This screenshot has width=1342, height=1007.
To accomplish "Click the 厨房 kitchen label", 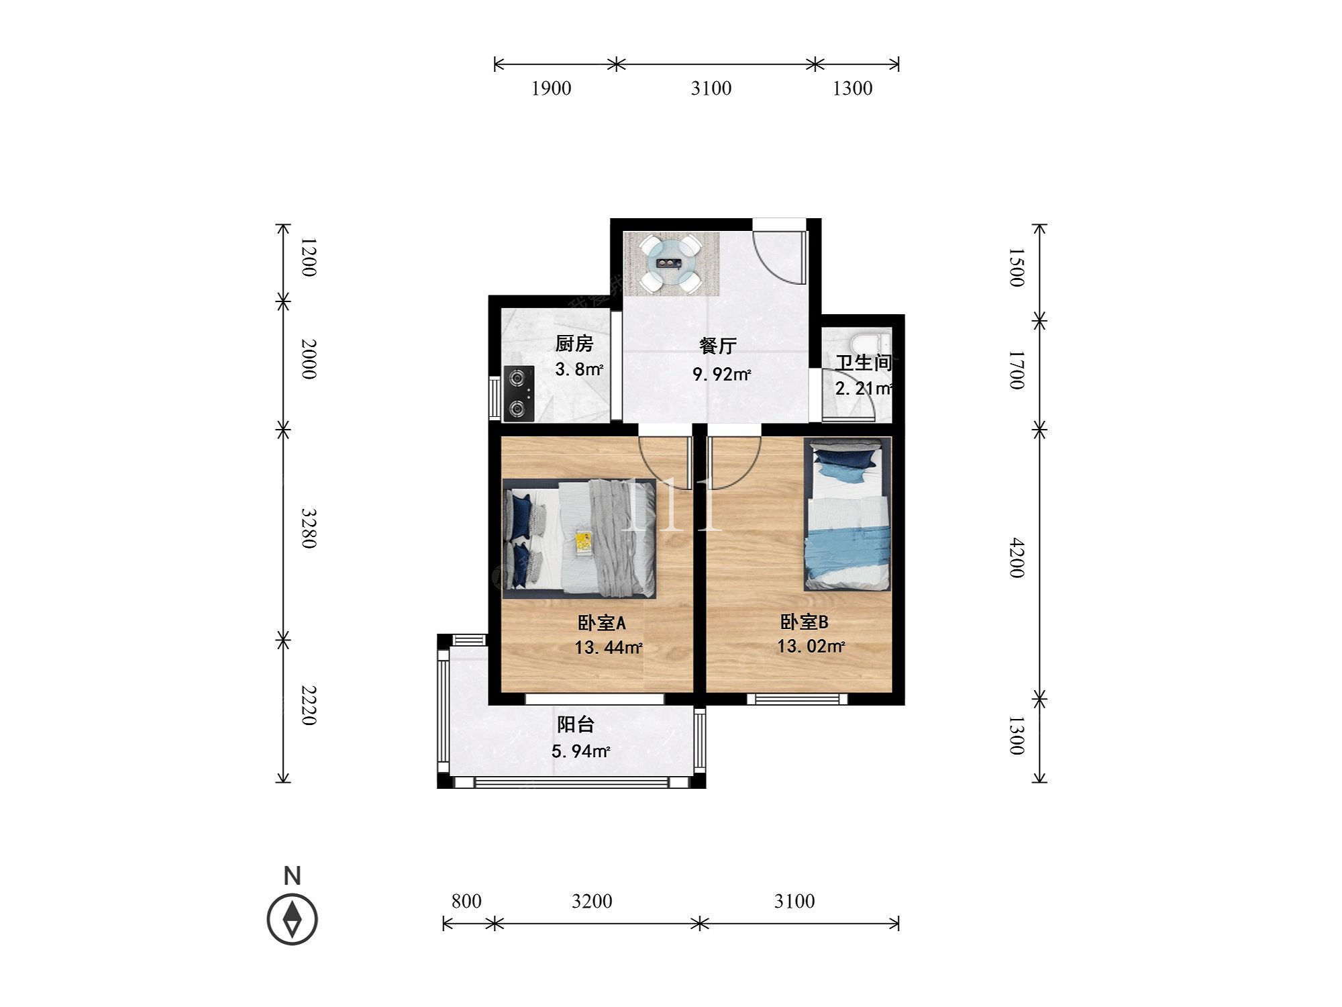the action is click(574, 344).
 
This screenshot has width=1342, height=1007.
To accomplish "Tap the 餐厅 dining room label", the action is click(718, 346).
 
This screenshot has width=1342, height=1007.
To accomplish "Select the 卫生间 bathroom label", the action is click(864, 363).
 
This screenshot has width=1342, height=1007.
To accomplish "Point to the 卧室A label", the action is click(601, 623).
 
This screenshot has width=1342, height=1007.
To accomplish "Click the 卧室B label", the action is click(804, 622).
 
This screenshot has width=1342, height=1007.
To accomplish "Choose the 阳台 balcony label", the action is click(576, 725).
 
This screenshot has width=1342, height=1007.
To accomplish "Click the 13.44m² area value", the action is click(609, 648).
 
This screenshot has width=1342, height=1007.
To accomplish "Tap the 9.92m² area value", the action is click(722, 374).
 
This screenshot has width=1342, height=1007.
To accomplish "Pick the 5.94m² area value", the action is click(581, 751).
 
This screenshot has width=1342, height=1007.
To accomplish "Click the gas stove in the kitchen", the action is click(519, 394).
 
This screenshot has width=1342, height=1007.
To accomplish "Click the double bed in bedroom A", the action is click(580, 538).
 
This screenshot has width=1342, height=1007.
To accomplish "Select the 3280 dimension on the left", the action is click(307, 528).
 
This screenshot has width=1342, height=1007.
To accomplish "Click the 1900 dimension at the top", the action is click(552, 89).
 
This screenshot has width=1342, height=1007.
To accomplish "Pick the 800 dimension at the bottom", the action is click(466, 901).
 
